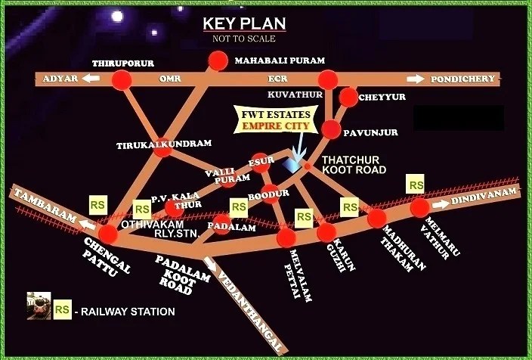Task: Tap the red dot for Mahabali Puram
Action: coord(218,61)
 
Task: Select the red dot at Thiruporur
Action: coord(122,79)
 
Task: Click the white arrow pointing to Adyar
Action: coord(91,79)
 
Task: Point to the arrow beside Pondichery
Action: coord(416,79)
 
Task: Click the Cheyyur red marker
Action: coord(348,97)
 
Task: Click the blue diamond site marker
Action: coord(291,163)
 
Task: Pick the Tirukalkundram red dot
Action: coord(162,149)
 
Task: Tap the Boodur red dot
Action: coord(270,191)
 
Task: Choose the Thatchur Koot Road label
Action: coord(354,165)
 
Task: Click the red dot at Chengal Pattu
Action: coord(108,234)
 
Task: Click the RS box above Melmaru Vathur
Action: coord(415,184)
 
